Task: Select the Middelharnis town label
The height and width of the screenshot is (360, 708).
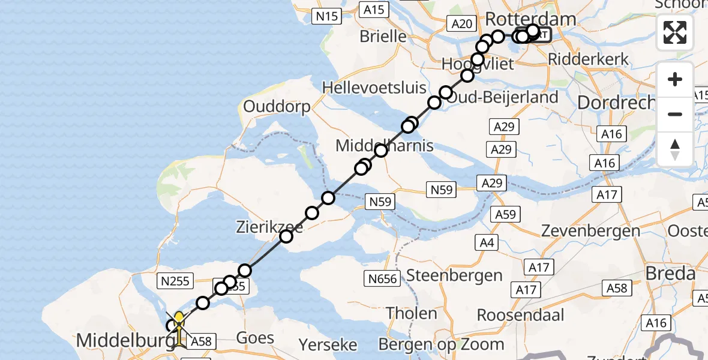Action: (376, 146)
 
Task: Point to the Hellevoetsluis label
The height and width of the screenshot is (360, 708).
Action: (374, 87)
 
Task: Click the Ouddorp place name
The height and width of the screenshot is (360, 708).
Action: (277, 107)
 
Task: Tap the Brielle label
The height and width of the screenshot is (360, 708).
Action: (383, 37)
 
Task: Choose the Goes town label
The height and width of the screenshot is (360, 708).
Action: (256, 337)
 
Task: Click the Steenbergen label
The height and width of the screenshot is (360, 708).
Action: (454, 275)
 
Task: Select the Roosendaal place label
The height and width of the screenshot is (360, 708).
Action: (521, 315)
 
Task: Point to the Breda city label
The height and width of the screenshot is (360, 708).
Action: (670, 274)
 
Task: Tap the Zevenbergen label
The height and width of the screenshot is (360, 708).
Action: (591, 230)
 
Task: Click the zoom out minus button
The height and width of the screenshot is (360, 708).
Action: (675, 114)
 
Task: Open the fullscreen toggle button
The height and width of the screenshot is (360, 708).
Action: (675, 32)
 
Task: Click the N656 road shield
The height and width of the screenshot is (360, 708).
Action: (382, 278)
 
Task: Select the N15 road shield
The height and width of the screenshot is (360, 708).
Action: (327, 17)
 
